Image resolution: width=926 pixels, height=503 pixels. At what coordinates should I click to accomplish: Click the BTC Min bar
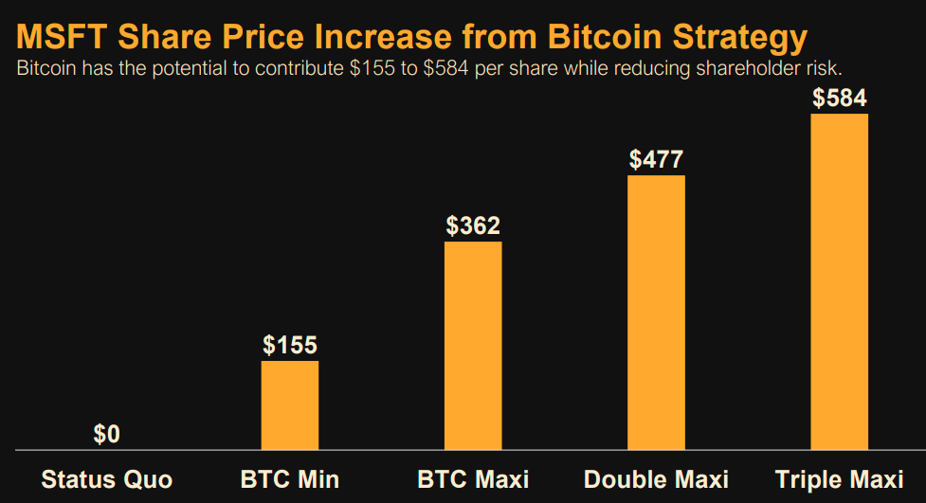[x=290, y=404]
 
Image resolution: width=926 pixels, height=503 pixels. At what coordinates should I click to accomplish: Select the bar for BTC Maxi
[x=473, y=345]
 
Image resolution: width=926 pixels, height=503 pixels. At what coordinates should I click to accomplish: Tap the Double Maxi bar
[x=656, y=312]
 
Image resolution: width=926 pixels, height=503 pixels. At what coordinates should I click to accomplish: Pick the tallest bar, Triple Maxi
[x=840, y=281]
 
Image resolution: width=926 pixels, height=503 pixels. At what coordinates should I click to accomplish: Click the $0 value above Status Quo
[x=107, y=435]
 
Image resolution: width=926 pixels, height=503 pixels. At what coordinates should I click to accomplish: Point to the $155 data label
[x=290, y=346]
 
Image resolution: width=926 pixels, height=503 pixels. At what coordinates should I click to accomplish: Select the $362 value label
[x=473, y=226]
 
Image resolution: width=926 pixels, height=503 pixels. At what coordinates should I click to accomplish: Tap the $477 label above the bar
[x=656, y=159]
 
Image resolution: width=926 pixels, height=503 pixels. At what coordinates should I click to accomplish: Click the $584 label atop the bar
[x=840, y=99]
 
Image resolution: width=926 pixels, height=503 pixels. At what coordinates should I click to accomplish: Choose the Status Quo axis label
[x=107, y=478]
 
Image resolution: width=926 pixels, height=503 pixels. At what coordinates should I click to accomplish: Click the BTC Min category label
[x=290, y=478]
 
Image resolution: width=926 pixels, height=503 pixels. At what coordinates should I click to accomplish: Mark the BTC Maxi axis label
[x=473, y=478]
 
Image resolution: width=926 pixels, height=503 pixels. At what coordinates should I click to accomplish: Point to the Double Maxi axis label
[x=656, y=478]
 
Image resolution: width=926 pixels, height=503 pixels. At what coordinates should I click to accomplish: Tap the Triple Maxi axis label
[x=840, y=478]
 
